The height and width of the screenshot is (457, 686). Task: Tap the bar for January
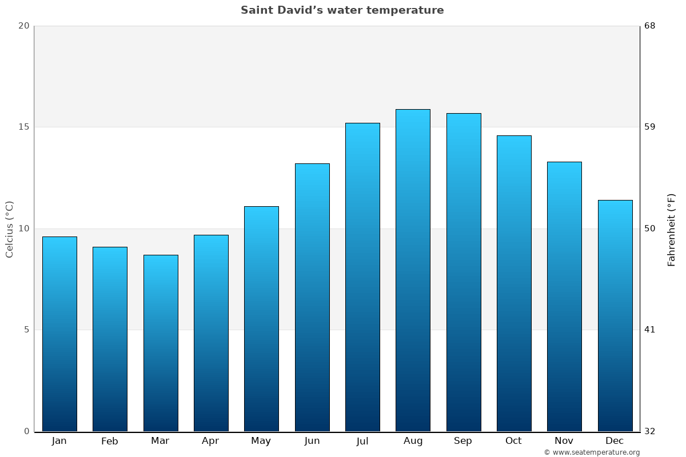pos(59,334)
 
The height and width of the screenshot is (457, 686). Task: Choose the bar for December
pos(615,315)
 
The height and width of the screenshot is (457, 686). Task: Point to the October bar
pos(514,283)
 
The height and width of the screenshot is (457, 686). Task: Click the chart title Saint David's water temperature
pos(342,10)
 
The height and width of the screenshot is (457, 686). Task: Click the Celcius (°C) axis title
pos(9,229)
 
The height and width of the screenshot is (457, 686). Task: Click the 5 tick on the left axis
pos(26,330)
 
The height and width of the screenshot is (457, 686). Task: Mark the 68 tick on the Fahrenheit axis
pos(649,26)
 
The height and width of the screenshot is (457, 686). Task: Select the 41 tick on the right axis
pos(649,330)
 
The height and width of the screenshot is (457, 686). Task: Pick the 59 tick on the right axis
pos(649,127)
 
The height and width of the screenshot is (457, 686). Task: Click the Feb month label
pos(110,441)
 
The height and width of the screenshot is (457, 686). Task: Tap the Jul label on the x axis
pos(362,441)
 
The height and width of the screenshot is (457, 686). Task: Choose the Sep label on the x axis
pos(463,441)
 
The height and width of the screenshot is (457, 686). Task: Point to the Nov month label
pos(564,441)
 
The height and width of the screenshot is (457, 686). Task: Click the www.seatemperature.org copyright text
pos(592,452)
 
